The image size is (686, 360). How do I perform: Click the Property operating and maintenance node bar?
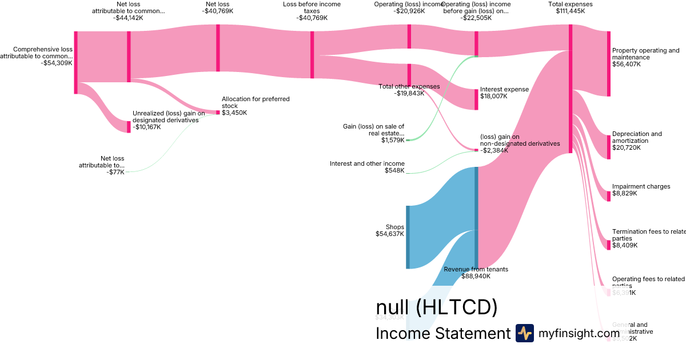(x=609, y=63)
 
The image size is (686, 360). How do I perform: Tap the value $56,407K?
(x=626, y=65)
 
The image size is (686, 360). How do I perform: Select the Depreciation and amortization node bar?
(x=609, y=147)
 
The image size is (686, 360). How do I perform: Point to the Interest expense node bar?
(x=476, y=99)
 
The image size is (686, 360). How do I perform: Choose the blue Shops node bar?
(x=408, y=237)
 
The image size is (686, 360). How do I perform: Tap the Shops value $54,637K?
(x=390, y=234)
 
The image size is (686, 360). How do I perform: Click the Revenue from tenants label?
(x=476, y=269)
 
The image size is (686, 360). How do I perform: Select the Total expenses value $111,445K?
(x=570, y=11)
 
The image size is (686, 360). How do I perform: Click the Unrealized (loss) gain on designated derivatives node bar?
(x=129, y=127)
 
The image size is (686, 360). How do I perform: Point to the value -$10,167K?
(x=146, y=127)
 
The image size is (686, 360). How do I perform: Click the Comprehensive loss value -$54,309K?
(x=57, y=63)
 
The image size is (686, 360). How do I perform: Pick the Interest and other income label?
(x=367, y=163)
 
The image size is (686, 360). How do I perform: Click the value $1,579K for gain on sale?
(x=393, y=140)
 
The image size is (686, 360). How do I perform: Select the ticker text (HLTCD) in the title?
(x=456, y=307)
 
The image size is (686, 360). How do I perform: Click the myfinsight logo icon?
(x=524, y=333)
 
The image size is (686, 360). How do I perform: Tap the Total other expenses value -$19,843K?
(x=409, y=93)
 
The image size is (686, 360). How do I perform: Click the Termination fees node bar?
(x=609, y=245)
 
